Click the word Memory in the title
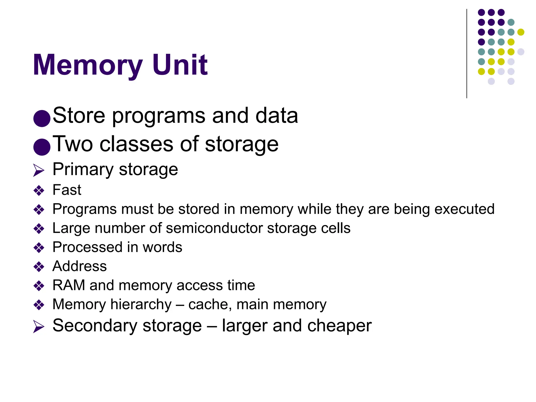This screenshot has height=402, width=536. click(x=88, y=65)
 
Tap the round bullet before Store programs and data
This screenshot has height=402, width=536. click(x=42, y=118)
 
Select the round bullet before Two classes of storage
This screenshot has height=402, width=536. click(x=42, y=147)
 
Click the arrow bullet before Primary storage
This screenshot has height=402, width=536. click(x=39, y=170)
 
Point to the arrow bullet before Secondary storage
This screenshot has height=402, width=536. click(x=39, y=327)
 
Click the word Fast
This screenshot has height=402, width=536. click(x=67, y=190)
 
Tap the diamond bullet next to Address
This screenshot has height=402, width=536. click(x=39, y=267)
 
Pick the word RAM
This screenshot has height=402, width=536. click(x=69, y=285)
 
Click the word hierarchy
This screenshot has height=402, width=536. click(x=141, y=305)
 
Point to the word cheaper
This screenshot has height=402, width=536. click(x=339, y=326)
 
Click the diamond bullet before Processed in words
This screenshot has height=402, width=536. click(x=39, y=248)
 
